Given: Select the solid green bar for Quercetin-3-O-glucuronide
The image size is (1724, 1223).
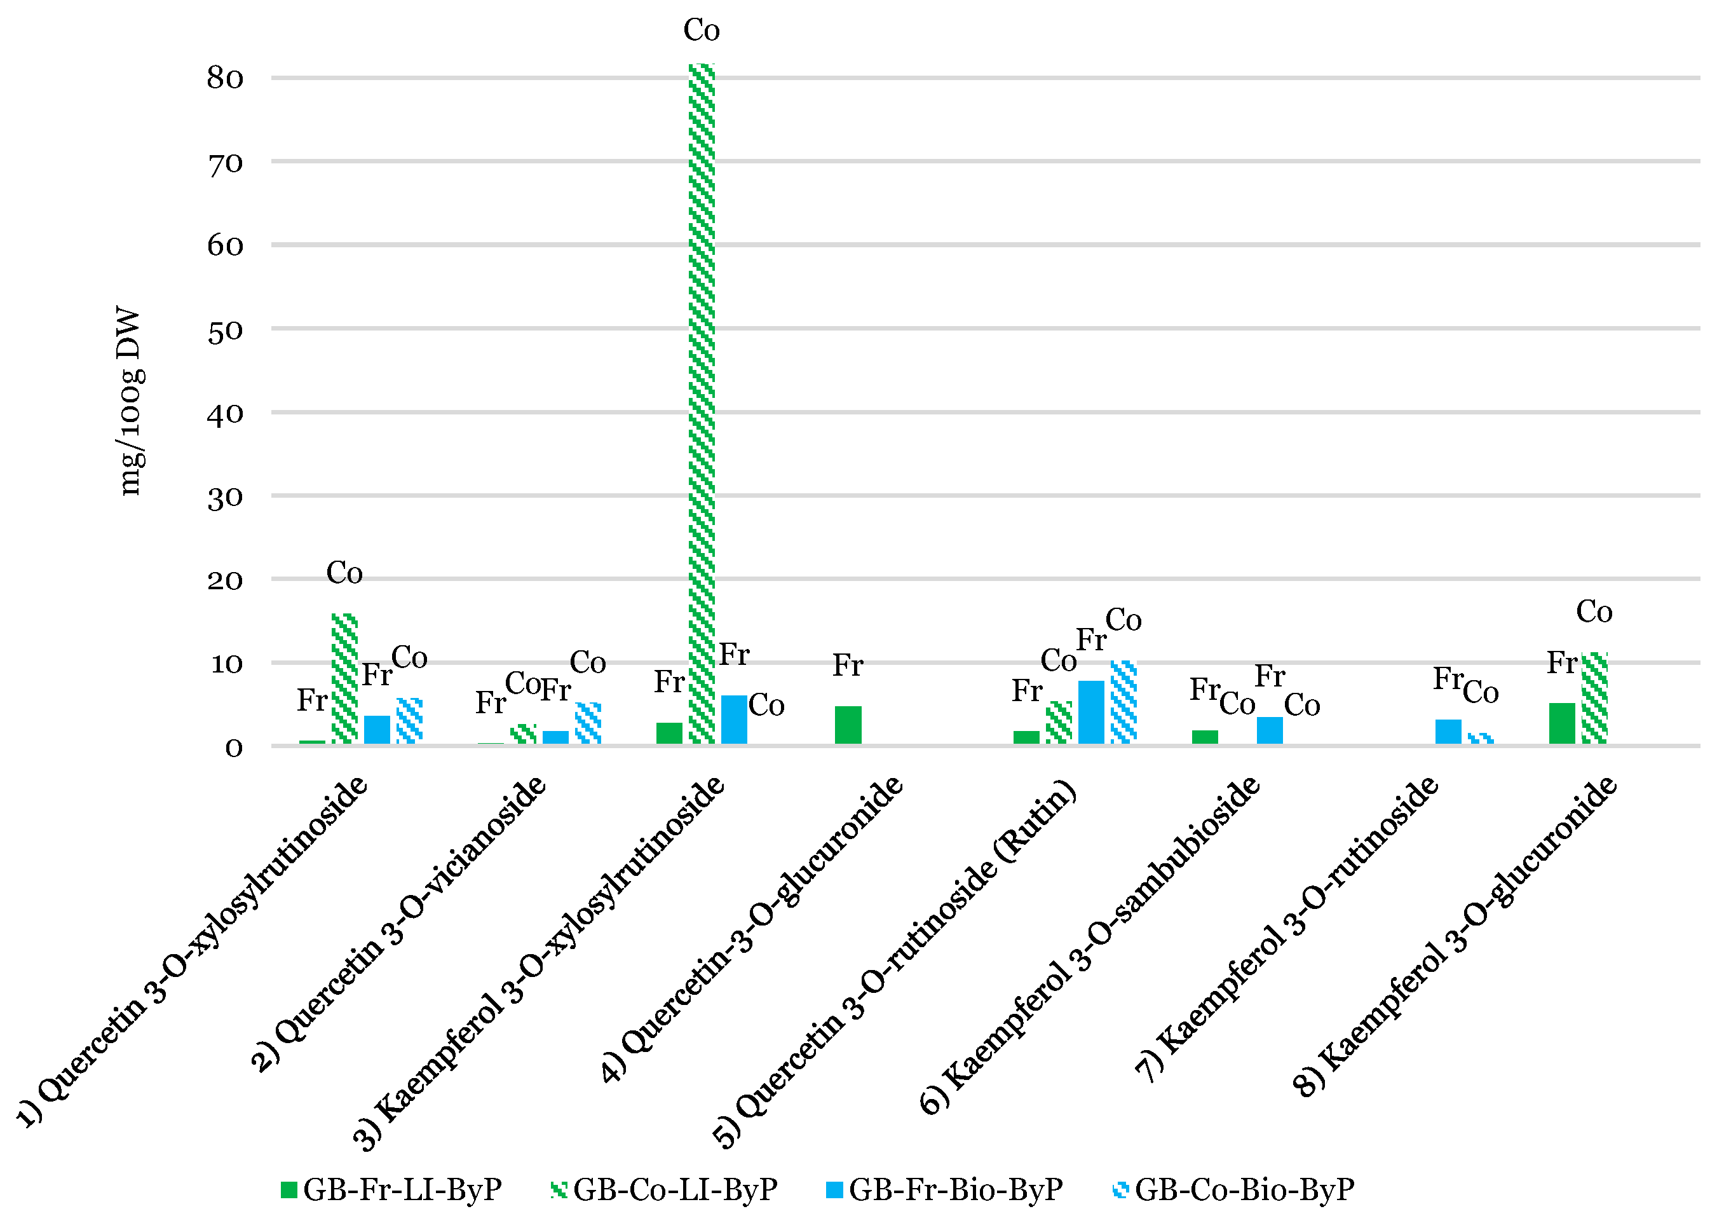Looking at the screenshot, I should tap(848, 725).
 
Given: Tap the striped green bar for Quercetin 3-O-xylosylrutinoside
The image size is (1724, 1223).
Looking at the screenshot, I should tap(345, 678).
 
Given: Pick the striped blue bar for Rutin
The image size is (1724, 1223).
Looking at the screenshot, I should tap(1123, 702).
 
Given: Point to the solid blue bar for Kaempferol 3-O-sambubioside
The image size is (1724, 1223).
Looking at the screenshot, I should tap(1269, 730).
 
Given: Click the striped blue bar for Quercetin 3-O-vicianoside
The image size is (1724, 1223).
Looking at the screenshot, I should tap(588, 723).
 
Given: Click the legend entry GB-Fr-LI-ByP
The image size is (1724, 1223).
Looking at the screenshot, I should tap(391, 1191).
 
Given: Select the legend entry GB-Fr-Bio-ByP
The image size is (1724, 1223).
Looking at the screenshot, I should tap(945, 1191).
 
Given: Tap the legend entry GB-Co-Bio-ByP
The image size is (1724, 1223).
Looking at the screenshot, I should tap(1234, 1191).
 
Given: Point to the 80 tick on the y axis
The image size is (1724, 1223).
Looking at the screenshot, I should tap(225, 78).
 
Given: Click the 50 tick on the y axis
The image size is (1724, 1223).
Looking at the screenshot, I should tap(225, 331).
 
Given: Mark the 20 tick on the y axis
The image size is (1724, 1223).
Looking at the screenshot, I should tap(225, 580).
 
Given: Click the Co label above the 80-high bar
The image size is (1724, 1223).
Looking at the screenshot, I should tap(702, 30).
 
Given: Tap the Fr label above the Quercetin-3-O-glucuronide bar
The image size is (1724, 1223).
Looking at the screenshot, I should tap(848, 666).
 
